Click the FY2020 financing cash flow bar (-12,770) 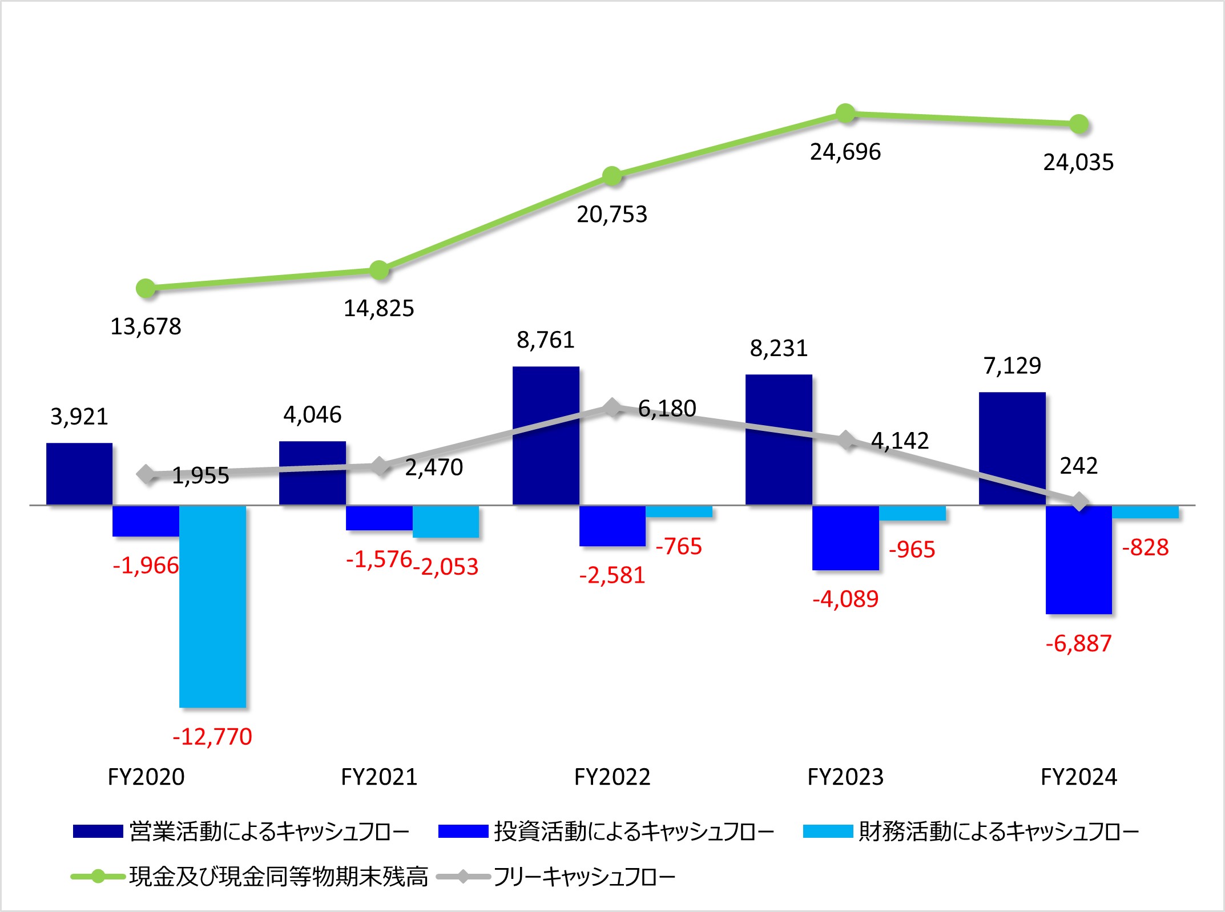(212, 606)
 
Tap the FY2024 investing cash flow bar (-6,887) (1078, 559)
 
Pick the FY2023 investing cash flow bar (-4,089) (845, 537)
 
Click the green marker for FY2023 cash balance (845, 113)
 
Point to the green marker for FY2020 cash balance (146, 288)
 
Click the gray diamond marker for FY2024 (1079, 502)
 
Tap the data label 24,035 (1078, 163)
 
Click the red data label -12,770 (212, 737)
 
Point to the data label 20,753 (612, 215)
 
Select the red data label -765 (679, 546)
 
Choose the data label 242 (1078, 466)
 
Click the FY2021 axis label (379, 777)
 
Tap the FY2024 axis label (1078, 777)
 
